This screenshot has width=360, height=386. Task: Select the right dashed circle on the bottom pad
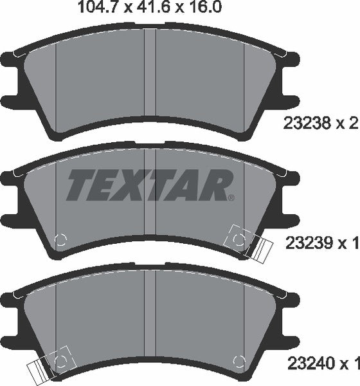click(x=239, y=360)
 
